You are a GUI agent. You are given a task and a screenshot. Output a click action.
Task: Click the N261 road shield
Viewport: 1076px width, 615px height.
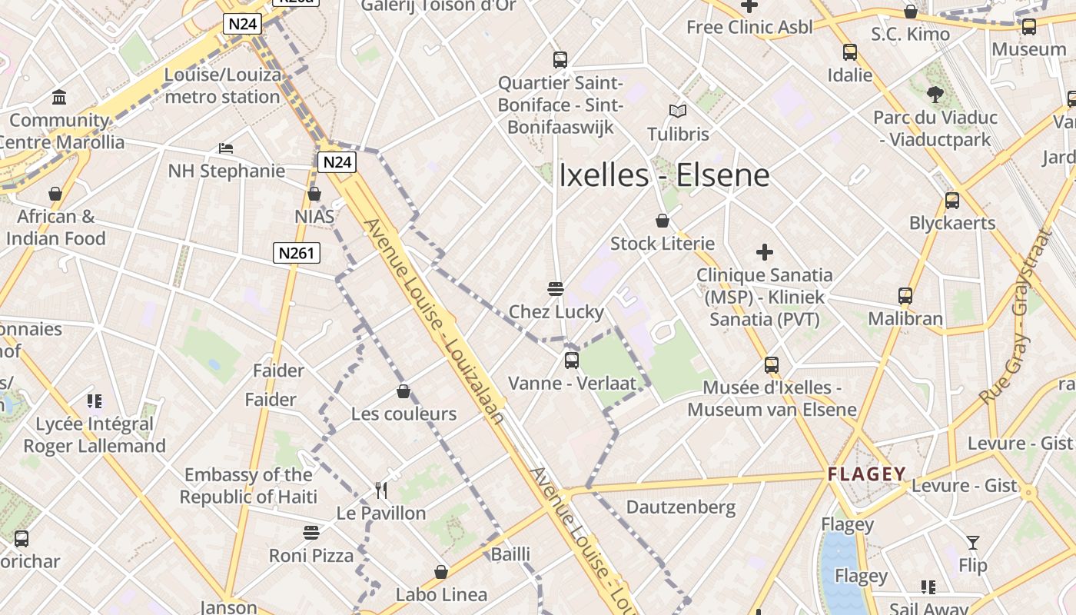pyautogui.click(x=296, y=253)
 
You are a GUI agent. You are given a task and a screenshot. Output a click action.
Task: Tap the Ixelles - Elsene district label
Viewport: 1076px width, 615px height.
pyautogui.click(x=664, y=175)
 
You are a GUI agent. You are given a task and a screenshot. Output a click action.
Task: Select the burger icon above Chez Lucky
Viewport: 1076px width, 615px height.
pyautogui.click(x=556, y=289)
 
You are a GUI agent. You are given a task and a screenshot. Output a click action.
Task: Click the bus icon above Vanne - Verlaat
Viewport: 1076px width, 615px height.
pyautogui.click(x=571, y=360)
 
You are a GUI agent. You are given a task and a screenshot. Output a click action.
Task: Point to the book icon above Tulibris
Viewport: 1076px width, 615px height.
pyautogui.click(x=677, y=111)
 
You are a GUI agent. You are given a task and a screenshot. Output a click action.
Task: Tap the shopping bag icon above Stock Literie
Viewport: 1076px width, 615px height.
pyautogui.click(x=663, y=221)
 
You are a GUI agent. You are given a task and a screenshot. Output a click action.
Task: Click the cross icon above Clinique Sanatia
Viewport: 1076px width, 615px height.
pyautogui.click(x=764, y=252)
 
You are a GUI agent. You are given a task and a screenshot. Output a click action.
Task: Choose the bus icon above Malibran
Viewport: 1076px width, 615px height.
pyautogui.click(x=905, y=296)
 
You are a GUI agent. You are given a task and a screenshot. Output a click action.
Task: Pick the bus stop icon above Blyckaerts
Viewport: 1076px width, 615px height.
pyautogui.click(x=952, y=201)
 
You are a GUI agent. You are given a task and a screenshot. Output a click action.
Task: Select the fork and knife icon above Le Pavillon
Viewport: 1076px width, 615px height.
pyautogui.click(x=380, y=490)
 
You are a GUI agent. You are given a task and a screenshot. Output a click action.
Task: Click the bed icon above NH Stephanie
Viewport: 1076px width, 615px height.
pyautogui.click(x=226, y=148)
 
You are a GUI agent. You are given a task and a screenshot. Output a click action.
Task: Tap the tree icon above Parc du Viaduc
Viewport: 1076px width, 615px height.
pyautogui.click(x=935, y=95)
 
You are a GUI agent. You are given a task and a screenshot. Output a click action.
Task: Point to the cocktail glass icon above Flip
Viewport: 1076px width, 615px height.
pyautogui.click(x=973, y=543)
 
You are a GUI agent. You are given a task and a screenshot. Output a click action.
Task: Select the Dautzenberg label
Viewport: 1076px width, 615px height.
pyautogui.click(x=681, y=507)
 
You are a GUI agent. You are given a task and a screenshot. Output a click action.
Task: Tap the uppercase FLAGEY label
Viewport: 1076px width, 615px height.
pyautogui.click(x=867, y=474)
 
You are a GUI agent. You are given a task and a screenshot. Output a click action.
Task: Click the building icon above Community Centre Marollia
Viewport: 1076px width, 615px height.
pyautogui.click(x=59, y=98)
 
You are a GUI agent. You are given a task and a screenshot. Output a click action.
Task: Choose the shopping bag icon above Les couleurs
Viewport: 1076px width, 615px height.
pyautogui.click(x=403, y=392)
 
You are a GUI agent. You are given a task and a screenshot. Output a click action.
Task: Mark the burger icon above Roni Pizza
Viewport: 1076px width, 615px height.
pyautogui.click(x=311, y=533)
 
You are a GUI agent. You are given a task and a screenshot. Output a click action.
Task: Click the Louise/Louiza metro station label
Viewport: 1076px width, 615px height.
pyautogui.click(x=223, y=86)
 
